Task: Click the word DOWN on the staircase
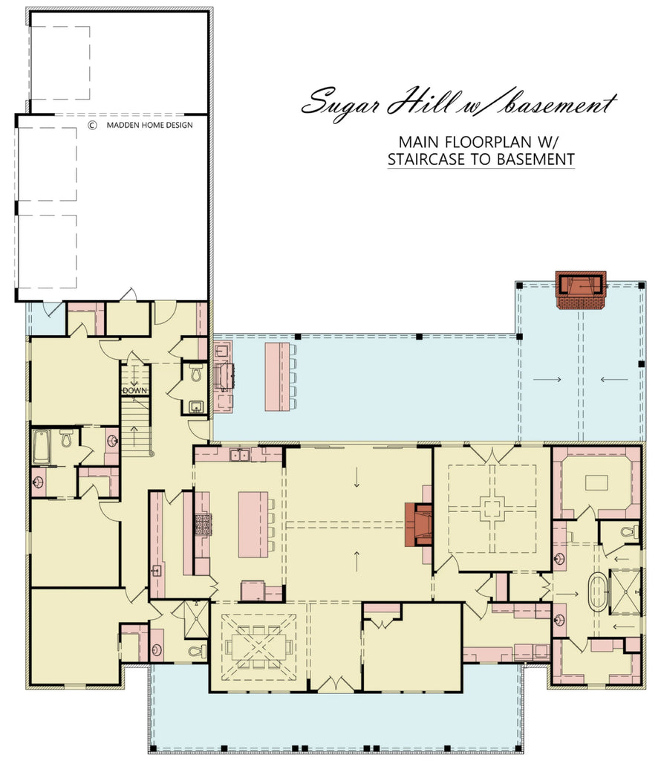click(134, 390)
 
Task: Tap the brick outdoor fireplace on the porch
click(581, 291)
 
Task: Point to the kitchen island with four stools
click(253, 525)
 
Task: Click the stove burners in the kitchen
click(203, 524)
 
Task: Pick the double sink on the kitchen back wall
click(239, 455)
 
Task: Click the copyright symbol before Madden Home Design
click(92, 126)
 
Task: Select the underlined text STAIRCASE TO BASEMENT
click(481, 158)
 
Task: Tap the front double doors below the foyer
click(333, 684)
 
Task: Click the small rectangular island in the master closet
click(596, 482)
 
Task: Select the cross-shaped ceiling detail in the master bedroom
click(492, 509)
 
